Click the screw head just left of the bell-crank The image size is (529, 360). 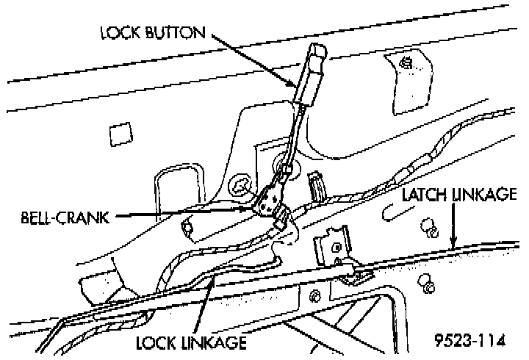tap(239, 185)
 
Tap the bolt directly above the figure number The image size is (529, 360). tap(425, 284)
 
